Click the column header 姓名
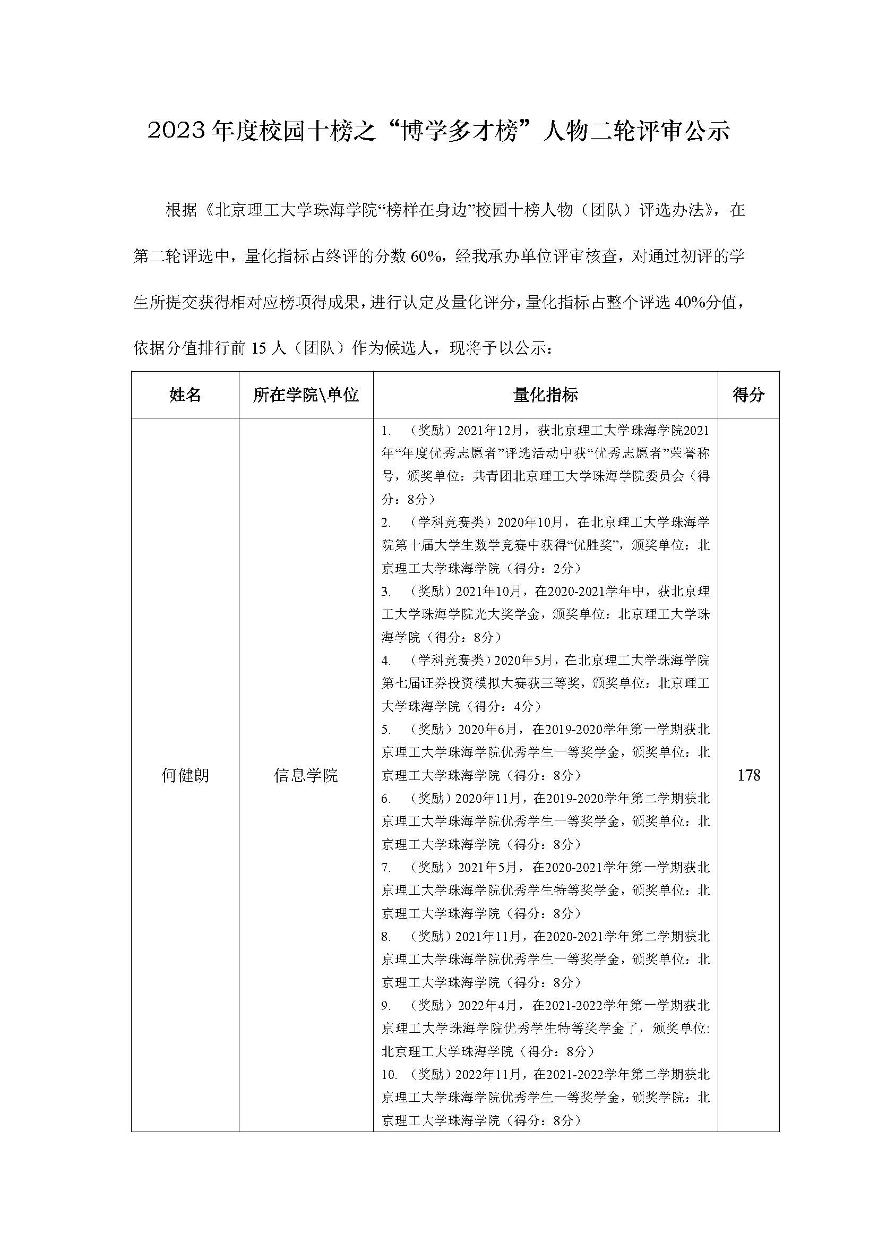pyautogui.click(x=185, y=395)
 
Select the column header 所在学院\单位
pyautogui.click(x=305, y=395)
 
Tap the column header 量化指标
pyautogui.click(x=545, y=395)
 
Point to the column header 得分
pyautogui.click(x=748, y=395)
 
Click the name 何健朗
pyautogui.click(x=185, y=776)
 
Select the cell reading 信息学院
pyautogui.click(x=305, y=776)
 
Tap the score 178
pyautogui.click(x=749, y=776)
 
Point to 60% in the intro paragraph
pyautogui.click(x=426, y=256)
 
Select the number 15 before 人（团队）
pyautogui.click(x=259, y=349)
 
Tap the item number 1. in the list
pyautogui.click(x=386, y=431)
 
